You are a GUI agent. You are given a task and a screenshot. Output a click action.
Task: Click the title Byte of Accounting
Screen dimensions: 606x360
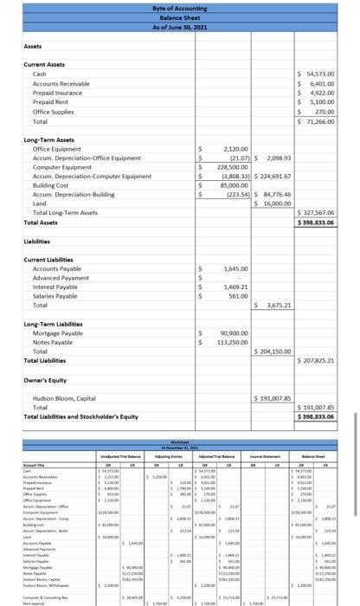click(180, 7)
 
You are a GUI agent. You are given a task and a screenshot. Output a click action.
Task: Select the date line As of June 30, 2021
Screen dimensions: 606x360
click(180, 23)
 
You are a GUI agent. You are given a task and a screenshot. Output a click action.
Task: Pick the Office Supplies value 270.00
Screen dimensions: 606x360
click(328, 112)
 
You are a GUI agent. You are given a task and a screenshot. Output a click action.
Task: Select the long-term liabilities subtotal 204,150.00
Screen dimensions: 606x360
click(274, 351)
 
